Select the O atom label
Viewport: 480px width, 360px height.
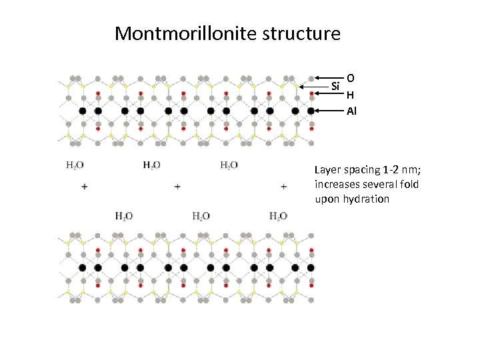click(351, 77)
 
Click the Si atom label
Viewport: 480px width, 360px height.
click(335, 86)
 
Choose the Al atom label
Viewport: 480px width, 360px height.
click(352, 111)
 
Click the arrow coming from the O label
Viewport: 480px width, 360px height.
click(330, 77)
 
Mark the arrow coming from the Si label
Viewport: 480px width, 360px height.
click(313, 86)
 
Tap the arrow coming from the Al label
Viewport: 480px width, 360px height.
click(330, 111)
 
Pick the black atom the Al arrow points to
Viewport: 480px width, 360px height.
click(311, 111)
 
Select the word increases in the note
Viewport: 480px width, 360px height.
click(337, 185)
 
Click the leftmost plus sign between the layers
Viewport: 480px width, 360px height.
click(84, 187)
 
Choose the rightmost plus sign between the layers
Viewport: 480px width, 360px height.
click(284, 187)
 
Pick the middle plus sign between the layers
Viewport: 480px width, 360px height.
click(177, 187)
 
